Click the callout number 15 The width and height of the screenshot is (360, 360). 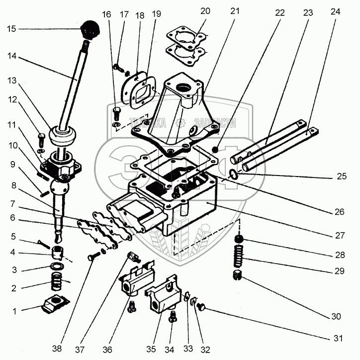pyautogui.click(x=11, y=29)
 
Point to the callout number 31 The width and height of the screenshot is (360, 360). pyautogui.click(x=338, y=339)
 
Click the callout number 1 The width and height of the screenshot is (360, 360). pyautogui.click(x=14, y=311)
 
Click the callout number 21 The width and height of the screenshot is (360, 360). pyautogui.click(x=235, y=11)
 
